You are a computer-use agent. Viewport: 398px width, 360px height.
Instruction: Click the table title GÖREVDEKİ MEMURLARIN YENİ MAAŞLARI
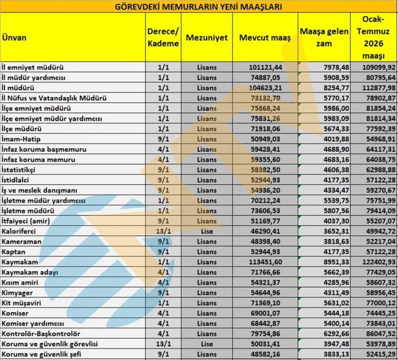(200, 7)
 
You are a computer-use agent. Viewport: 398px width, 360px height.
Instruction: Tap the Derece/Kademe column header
(163, 37)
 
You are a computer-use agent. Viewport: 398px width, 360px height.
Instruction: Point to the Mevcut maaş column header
(264, 37)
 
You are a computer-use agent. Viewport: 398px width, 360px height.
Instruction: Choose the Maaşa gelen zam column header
(325, 37)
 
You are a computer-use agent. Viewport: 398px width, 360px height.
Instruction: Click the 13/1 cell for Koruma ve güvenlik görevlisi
(163, 344)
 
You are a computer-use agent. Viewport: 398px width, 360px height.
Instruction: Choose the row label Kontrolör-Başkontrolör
(41, 334)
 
